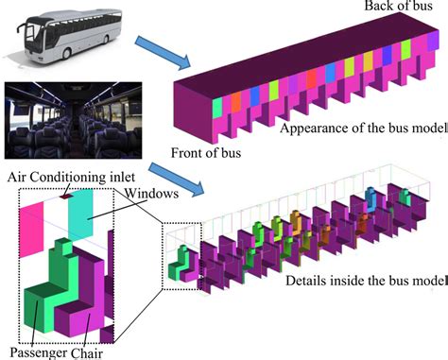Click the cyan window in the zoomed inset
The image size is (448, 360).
click(x=80, y=214)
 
